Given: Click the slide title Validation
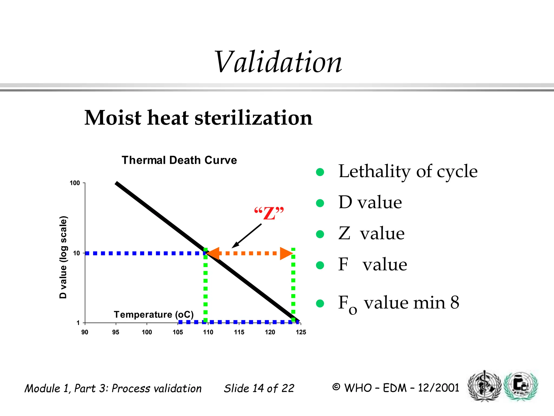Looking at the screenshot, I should (x=278, y=62).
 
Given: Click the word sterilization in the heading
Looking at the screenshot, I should (x=253, y=118).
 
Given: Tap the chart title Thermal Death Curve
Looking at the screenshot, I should (x=179, y=160).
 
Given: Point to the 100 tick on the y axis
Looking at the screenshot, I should (x=75, y=183).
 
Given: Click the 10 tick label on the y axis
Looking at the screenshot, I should (x=77, y=253).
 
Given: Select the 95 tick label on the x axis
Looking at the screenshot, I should (x=116, y=332).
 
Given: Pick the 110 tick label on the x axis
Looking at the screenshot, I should (x=208, y=332).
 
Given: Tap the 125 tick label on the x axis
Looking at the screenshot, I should (x=301, y=332).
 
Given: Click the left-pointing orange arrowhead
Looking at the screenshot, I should (x=213, y=253).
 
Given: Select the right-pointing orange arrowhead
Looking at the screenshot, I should (x=286, y=253).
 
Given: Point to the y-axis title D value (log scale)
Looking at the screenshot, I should (x=63, y=257).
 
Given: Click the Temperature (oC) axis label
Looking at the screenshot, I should (x=154, y=315).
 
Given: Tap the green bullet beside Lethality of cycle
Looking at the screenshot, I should (x=320, y=172).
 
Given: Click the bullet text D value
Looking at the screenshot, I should (x=370, y=202).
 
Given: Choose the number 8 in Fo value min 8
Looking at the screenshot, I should (x=455, y=303).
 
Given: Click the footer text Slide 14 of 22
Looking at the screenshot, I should (x=259, y=388).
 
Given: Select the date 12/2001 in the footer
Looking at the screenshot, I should (x=438, y=388).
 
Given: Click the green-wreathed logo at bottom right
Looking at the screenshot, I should (x=521, y=386).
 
